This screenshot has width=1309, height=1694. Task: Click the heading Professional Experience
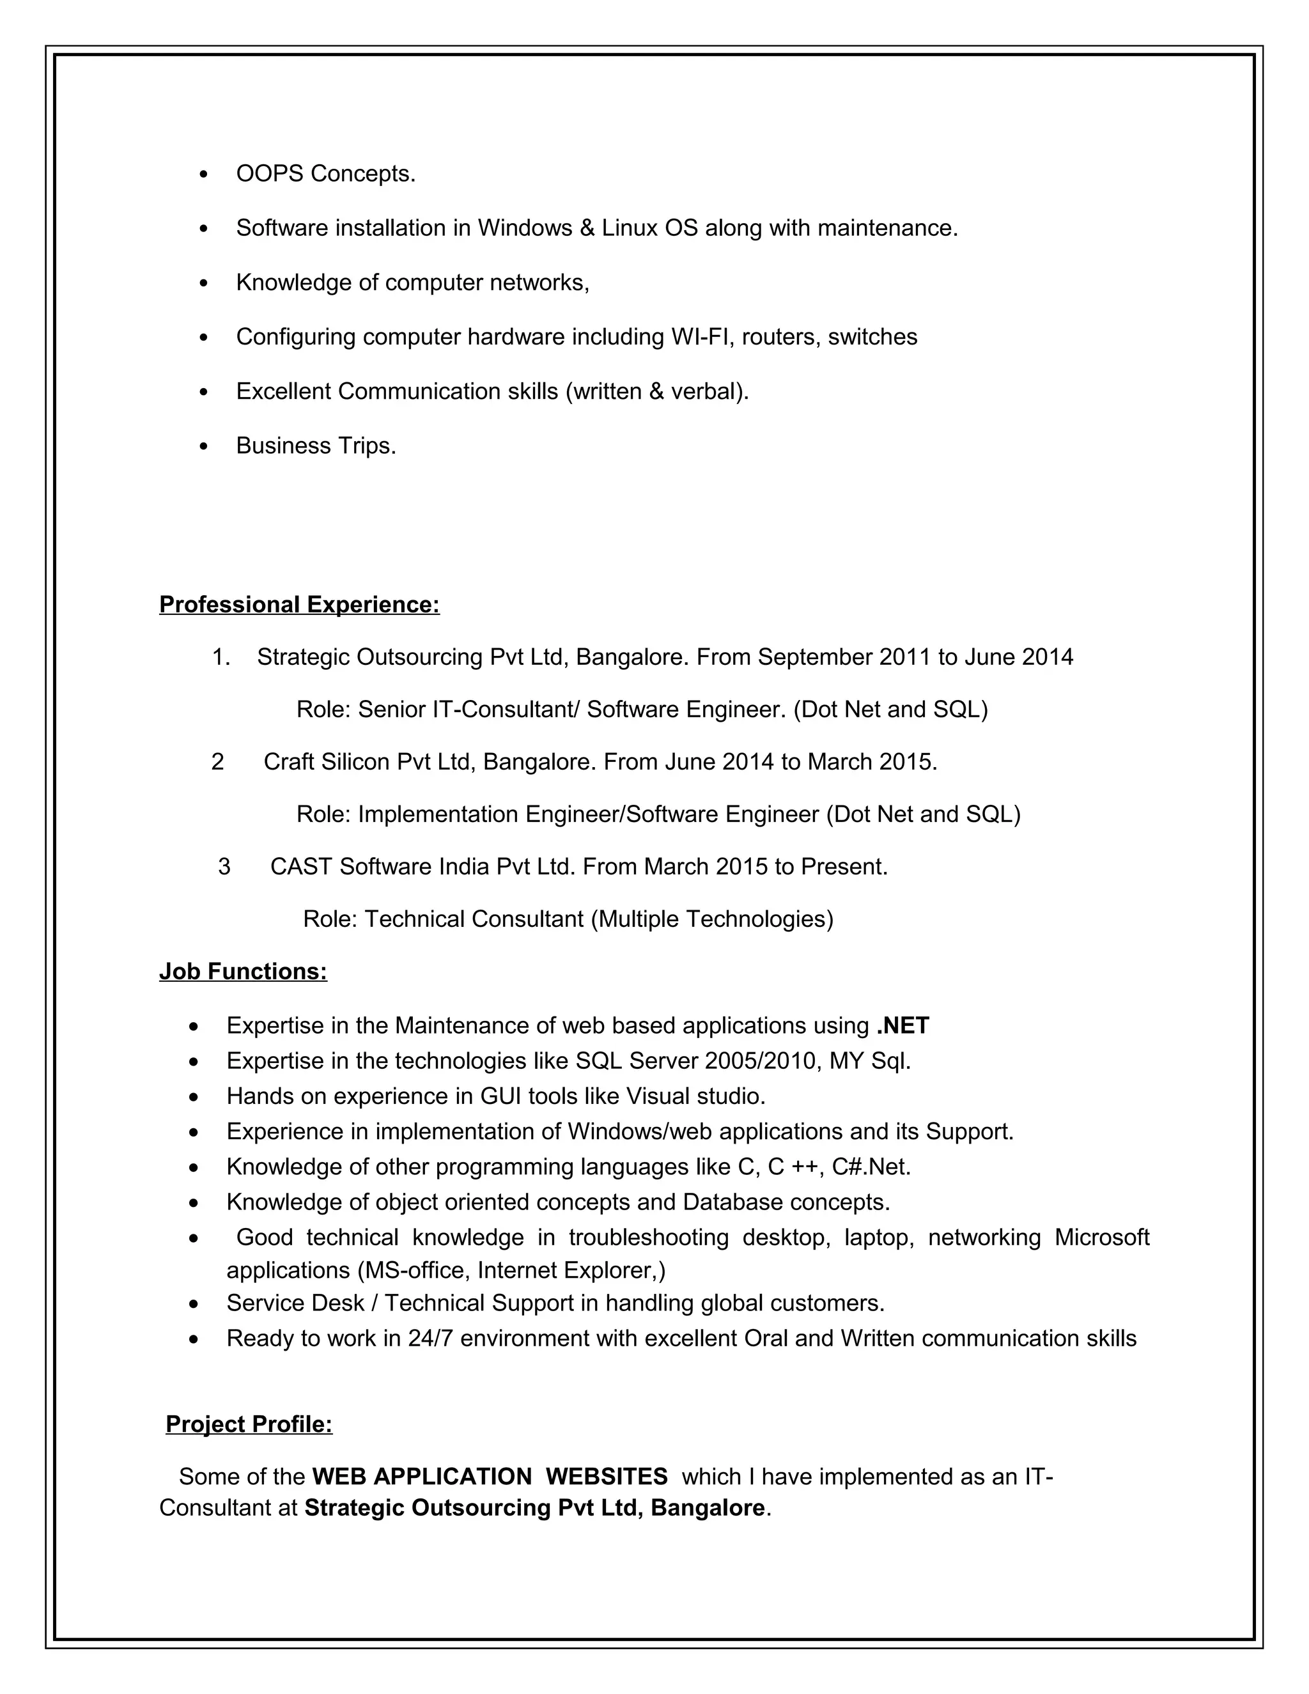299,604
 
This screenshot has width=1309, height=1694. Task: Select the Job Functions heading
243,971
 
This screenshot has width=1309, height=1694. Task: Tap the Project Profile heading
249,1424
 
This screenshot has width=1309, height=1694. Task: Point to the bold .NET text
902,1025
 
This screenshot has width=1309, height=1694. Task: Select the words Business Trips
316,446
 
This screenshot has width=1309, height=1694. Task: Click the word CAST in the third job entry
301,866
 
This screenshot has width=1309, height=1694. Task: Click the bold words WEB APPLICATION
422,1476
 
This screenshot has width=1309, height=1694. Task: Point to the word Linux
630,228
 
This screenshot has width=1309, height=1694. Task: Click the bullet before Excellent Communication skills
204,392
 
